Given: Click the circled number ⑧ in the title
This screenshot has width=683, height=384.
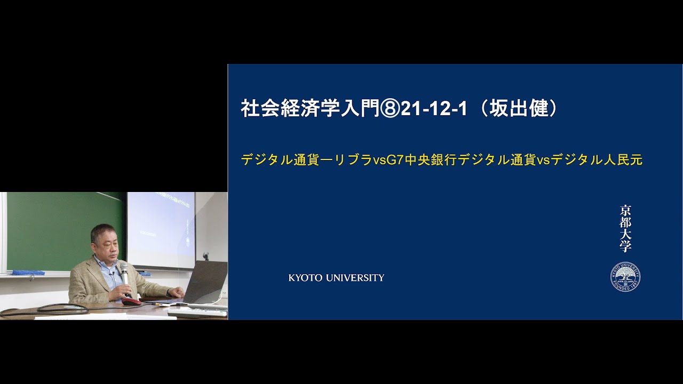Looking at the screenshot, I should click(390, 109).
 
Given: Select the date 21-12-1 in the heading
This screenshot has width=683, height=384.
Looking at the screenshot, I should click(433, 109).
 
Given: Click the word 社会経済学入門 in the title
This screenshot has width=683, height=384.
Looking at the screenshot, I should click(310, 109).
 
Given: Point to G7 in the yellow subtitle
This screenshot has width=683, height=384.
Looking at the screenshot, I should click(395, 159).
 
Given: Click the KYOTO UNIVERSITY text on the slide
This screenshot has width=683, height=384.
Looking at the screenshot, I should click(336, 278).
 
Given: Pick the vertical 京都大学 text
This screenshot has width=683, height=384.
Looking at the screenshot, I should click(625, 228).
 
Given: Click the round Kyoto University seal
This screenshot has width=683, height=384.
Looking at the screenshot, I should click(625, 277).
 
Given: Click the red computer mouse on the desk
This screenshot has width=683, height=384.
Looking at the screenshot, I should click(131, 301).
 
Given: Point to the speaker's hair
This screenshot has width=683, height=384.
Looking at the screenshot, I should click(102, 230).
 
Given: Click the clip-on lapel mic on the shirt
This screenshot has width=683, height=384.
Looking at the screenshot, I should click(113, 273).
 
